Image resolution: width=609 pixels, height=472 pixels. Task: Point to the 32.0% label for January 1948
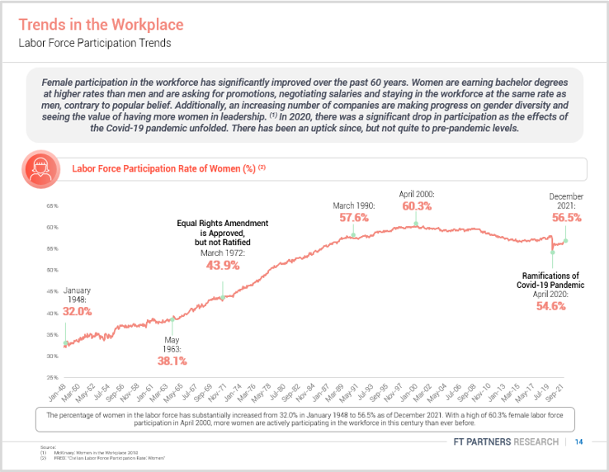pyautogui.click(x=77, y=311)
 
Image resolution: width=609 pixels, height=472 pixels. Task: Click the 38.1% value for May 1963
pyautogui.click(x=172, y=361)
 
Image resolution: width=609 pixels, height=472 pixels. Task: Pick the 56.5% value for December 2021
pyautogui.click(x=566, y=218)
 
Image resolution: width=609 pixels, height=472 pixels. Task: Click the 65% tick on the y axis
pyautogui.click(x=52, y=205)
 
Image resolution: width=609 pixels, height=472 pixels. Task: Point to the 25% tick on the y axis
pyautogui.click(x=52, y=377)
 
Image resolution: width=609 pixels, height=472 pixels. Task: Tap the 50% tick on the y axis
pyautogui.click(x=52, y=270)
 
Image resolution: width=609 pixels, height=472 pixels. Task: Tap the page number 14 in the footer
pyautogui.click(x=579, y=442)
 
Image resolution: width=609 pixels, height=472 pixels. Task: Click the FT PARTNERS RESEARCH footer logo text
pyautogui.click(x=506, y=442)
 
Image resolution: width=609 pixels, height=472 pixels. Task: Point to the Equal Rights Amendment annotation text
pyautogui.click(x=223, y=233)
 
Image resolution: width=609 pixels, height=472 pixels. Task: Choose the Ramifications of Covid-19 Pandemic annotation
pyautogui.click(x=550, y=280)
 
